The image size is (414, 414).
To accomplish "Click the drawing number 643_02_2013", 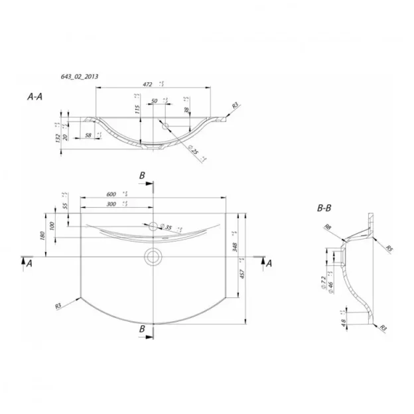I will [80, 77].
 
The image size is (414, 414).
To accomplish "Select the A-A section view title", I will [35, 97].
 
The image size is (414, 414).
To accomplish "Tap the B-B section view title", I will [324, 208].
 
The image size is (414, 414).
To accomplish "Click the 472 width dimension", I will [148, 85].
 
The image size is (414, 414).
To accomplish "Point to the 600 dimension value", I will [111, 194].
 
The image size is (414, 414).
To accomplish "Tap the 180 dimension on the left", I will [42, 236].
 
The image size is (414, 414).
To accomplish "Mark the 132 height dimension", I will [58, 137].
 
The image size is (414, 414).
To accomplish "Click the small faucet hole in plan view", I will [153, 226].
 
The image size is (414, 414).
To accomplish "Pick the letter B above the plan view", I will [141, 174].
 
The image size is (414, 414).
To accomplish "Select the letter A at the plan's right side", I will [269, 263].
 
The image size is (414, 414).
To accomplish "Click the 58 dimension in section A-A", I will [89, 135].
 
